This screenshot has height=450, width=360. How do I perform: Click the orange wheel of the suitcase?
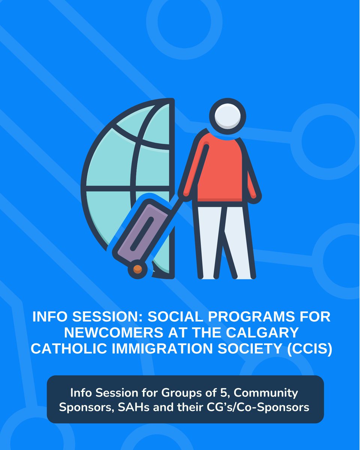[x=137, y=268]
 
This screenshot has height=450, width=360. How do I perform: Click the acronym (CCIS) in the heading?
[x=311, y=349]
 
